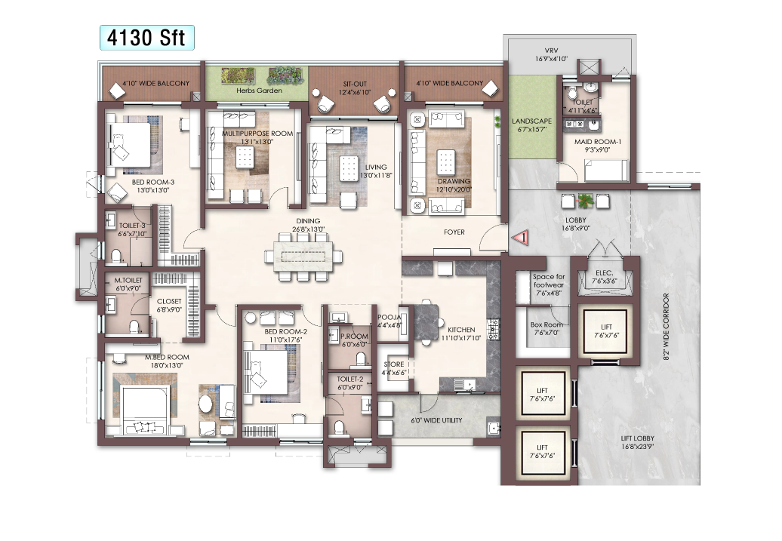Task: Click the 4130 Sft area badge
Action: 147,38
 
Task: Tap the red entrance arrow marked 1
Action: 519,238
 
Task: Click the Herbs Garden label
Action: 260,91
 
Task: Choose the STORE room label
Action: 393,364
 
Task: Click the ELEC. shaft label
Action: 605,272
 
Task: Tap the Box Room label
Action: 546,324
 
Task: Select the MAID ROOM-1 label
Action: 598,142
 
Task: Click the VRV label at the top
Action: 551,51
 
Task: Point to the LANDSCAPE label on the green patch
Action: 531,121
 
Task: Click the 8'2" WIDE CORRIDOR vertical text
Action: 666,327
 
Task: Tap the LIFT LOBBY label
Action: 637,439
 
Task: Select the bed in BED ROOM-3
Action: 130,145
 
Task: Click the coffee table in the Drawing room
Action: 445,161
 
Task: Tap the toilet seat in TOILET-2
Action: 339,427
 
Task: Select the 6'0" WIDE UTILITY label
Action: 436,420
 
